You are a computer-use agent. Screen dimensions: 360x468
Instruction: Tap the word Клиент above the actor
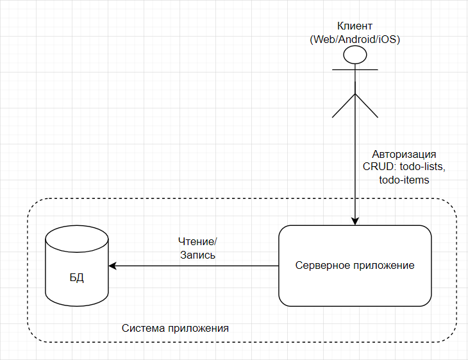coord(355,26)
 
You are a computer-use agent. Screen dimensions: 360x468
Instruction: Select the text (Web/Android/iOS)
coord(355,39)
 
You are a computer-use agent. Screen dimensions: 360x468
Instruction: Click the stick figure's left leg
coord(344,106)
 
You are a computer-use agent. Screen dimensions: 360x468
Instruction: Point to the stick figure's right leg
coord(366,106)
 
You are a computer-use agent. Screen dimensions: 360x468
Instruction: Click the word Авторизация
coord(405,155)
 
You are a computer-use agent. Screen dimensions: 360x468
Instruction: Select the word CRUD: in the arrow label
coord(379,167)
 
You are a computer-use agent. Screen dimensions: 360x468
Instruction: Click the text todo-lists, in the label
coord(422,167)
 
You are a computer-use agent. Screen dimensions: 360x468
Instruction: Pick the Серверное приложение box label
coord(355,265)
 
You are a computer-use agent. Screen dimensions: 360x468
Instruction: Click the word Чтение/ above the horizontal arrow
coord(197,241)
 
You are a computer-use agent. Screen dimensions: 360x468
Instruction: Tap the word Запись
coord(197,255)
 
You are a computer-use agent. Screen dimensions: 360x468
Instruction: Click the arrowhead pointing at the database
coord(113,265)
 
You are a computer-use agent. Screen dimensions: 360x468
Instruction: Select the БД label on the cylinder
coord(77,279)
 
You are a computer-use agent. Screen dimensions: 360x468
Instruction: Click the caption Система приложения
coord(175,328)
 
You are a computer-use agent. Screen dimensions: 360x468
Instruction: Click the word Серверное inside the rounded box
coord(323,265)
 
